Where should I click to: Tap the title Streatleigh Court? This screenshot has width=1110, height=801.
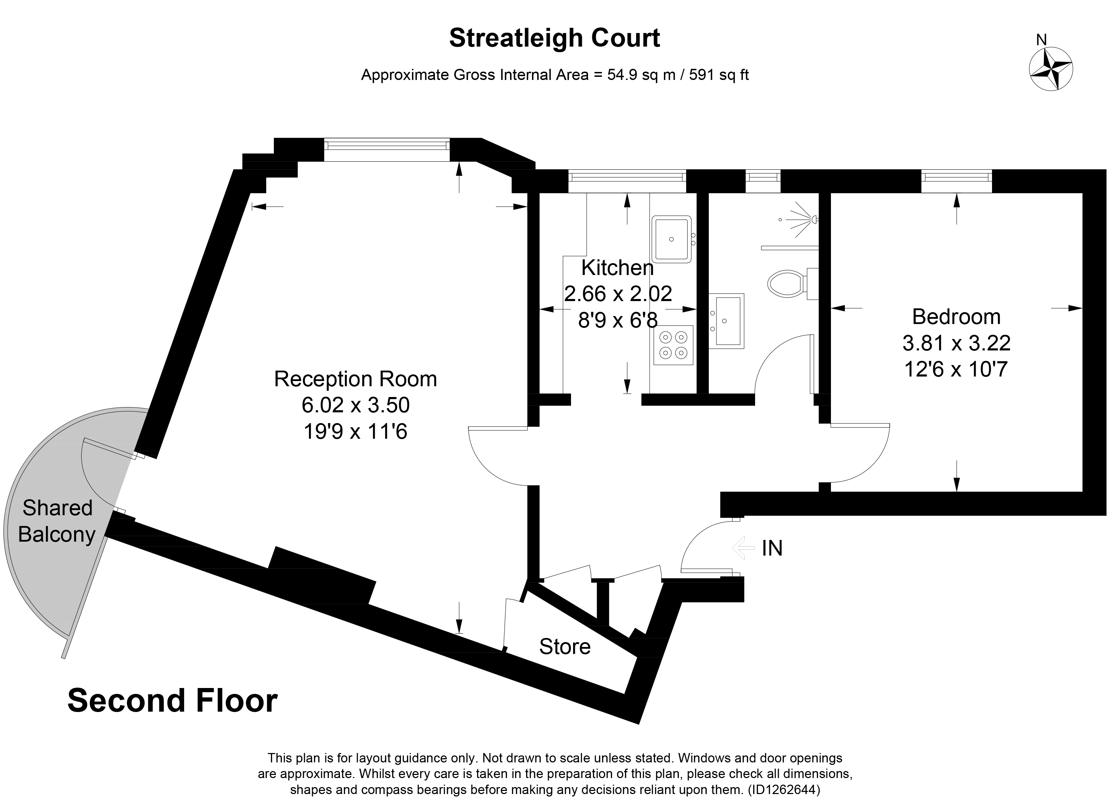pyautogui.click(x=555, y=38)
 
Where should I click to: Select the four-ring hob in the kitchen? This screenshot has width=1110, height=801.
pyautogui.click(x=673, y=345)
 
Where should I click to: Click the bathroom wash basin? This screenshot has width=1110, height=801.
pyautogui.click(x=727, y=321)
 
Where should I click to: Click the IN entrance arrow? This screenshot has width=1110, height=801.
pyautogui.click(x=744, y=548)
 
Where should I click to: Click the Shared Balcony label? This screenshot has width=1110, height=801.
pyautogui.click(x=56, y=521)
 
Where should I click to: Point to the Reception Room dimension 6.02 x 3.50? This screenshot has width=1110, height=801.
pyautogui.click(x=355, y=405)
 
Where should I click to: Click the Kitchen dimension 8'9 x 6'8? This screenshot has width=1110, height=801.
pyautogui.click(x=618, y=320)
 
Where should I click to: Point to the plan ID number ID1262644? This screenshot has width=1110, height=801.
pyautogui.click(x=783, y=789)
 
